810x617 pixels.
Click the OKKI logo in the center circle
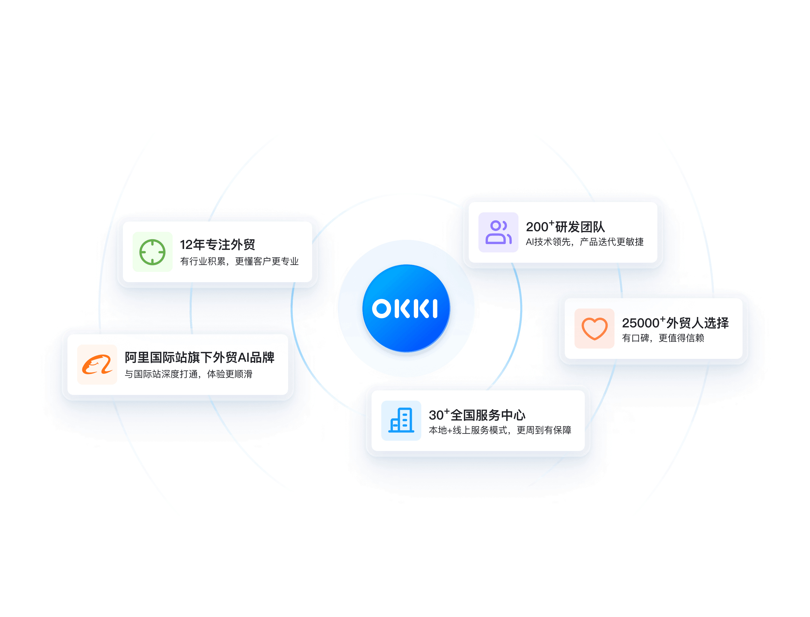(x=405, y=308)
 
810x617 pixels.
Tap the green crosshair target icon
(x=152, y=252)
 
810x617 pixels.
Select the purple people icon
(x=498, y=232)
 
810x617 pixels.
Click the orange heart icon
(x=594, y=328)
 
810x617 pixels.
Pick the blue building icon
(x=401, y=420)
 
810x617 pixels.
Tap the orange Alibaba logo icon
(x=97, y=364)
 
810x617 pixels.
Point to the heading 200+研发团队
(x=565, y=227)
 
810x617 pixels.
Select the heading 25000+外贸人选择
(x=675, y=323)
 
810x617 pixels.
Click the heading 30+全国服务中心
(x=477, y=415)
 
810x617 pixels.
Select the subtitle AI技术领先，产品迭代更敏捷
(x=585, y=242)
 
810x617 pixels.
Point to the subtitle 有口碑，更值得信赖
(x=663, y=338)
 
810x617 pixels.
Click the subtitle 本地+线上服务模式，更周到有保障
(x=500, y=430)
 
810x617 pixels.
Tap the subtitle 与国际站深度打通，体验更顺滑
(x=189, y=374)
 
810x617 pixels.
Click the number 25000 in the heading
(x=641, y=323)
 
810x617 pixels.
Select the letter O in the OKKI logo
(x=382, y=308)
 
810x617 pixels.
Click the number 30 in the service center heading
(x=436, y=415)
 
